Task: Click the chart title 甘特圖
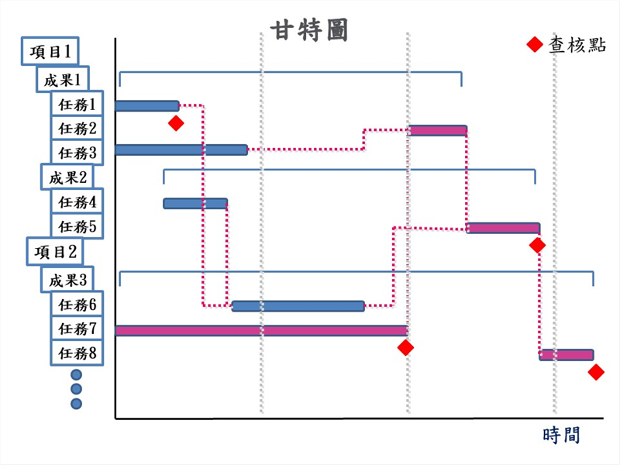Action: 309,29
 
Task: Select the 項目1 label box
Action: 51,52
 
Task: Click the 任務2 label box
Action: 77,128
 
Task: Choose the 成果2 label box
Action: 67,177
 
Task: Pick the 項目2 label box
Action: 54,251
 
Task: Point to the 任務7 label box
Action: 77,329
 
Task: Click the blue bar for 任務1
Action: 146,105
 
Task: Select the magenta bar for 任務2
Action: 437,130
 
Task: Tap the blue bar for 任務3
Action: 181,150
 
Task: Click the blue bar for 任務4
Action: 195,203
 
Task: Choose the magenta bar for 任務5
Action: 503,228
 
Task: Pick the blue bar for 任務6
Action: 298,306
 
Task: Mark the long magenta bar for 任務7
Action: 261,331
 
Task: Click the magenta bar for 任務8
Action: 567,355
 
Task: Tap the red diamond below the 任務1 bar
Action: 177,123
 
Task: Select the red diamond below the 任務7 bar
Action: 405,348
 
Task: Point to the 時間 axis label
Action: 562,435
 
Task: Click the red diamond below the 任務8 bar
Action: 596,373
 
